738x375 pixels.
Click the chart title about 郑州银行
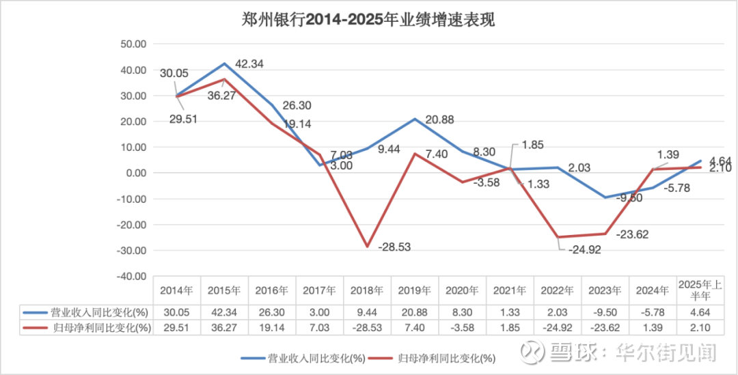click(368, 19)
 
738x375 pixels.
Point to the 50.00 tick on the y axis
click(133, 44)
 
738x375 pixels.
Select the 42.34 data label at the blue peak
click(249, 64)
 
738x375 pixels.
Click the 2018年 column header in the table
click(367, 290)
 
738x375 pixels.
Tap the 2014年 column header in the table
click(176, 290)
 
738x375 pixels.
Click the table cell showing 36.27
click(224, 327)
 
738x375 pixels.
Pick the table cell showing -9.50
click(605, 312)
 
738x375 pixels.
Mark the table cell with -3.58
click(462, 327)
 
